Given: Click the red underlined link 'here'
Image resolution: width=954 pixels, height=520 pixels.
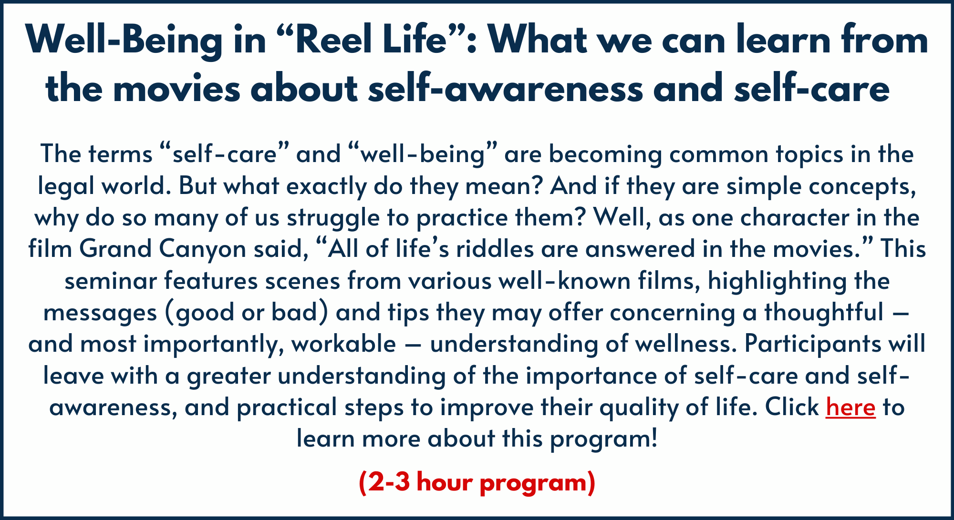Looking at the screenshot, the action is pyautogui.click(x=850, y=408).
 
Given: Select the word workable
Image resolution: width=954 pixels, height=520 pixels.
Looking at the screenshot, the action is pyautogui.click(x=343, y=344).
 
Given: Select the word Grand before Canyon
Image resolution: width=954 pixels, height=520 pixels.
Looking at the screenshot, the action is pyautogui.click(x=115, y=249).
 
